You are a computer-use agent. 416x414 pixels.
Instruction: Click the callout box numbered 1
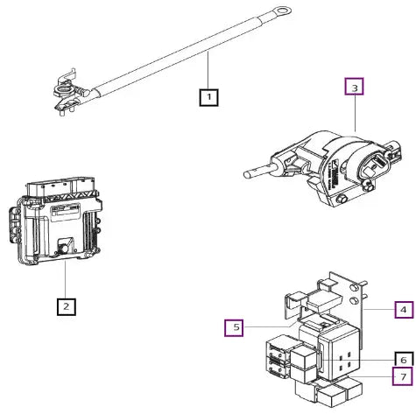click(208, 97)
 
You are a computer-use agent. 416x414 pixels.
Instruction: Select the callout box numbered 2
click(67, 306)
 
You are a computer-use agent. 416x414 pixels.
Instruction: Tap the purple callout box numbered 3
click(355, 87)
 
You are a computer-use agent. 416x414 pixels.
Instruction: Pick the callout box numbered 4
click(404, 310)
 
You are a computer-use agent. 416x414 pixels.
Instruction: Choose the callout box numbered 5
click(234, 328)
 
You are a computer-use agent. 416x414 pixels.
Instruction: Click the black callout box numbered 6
click(404, 359)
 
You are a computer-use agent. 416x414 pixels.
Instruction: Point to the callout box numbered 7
click(403, 376)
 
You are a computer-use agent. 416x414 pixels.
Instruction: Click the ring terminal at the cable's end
click(282, 11)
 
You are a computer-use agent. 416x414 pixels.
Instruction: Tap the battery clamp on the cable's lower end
click(69, 93)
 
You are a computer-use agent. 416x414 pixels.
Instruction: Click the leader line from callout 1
click(208, 70)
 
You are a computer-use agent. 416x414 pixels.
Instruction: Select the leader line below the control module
click(66, 279)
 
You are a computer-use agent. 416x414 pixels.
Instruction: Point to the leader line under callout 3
click(355, 113)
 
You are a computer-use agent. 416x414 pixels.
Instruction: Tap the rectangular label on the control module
click(66, 210)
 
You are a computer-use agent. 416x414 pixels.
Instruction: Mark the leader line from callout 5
click(270, 326)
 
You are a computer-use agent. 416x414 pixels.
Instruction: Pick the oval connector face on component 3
click(374, 165)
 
